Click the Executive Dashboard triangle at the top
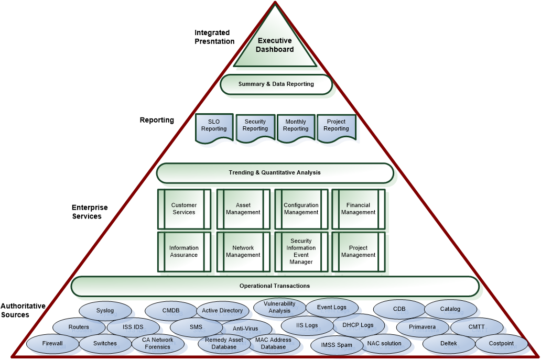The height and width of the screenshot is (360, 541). (x=275, y=46)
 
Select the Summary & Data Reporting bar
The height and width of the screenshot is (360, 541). (x=276, y=84)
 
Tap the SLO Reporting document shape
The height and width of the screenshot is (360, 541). (x=214, y=126)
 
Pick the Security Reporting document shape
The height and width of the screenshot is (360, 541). (x=255, y=126)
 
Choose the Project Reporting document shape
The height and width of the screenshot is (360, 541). (x=336, y=126)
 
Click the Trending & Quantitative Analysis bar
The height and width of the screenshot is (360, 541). (x=274, y=172)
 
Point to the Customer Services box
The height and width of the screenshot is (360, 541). (x=184, y=209)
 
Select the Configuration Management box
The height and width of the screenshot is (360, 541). (x=301, y=209)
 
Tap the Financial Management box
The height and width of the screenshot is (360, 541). (x=359, y=209)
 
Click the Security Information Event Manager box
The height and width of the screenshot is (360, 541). (x=301, y=252)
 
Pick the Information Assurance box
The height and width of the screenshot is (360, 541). (x=184, y=252)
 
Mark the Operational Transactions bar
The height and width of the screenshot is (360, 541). (x=275, y=286)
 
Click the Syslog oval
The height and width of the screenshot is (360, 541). (x=105, y=311)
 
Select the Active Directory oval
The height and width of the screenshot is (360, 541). (x=222, y=311)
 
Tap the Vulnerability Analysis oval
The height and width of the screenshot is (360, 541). (x=279, y=308)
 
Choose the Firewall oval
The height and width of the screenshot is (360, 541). (x=52, y=344)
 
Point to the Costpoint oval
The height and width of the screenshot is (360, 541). (x=501, y=344)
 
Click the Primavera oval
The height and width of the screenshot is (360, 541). (x=423, y=327)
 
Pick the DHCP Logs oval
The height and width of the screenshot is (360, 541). (x=358, y=325)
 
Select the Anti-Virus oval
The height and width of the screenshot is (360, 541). (x=245, y=329)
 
